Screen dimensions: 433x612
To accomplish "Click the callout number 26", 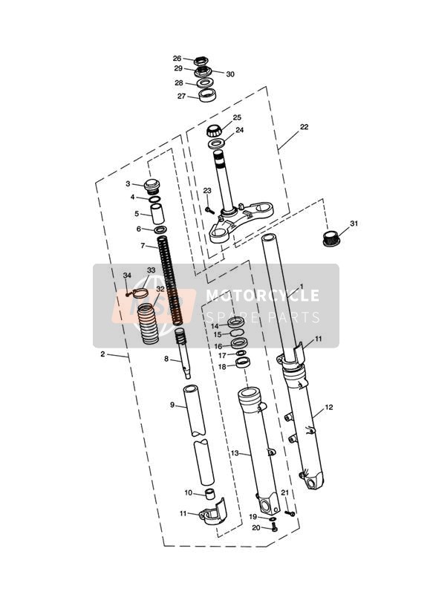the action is pyautogui.click(x=177, y=59).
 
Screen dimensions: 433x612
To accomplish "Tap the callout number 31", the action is pyautogui.click(x=354, y=224).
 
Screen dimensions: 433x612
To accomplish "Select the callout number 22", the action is pyautogui.click(x=305, y=127).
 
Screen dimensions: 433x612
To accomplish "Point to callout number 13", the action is pyautogui.click(x=235, y=453).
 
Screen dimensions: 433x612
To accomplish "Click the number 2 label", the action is pyautogui.click(x=102, y=354).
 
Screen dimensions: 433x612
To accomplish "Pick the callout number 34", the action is pyautogui.click(x=127, y=275).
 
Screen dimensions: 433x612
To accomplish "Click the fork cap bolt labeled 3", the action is pyautogui.click(x=152, y=186).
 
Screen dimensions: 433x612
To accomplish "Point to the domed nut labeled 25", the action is pyautogui.click(x=214, y=131).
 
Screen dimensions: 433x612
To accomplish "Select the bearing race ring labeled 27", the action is pyautogui.click(x=208, y=95).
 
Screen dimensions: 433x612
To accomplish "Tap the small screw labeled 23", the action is pyautogui.click(x=209, y=210).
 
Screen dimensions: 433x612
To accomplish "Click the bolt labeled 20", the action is pyautogui.click(x=274, y=528).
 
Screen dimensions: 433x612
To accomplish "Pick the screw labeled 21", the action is pyautogui.click(x=290, y=513).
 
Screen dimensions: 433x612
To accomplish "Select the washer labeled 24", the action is pyautogui.click(x=215, y=143).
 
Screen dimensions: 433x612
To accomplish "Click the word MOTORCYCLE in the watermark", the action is pyautogui.click(x=262, y=296).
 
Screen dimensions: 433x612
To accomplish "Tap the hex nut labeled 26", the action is pyautogui.click(x=201, y=61).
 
